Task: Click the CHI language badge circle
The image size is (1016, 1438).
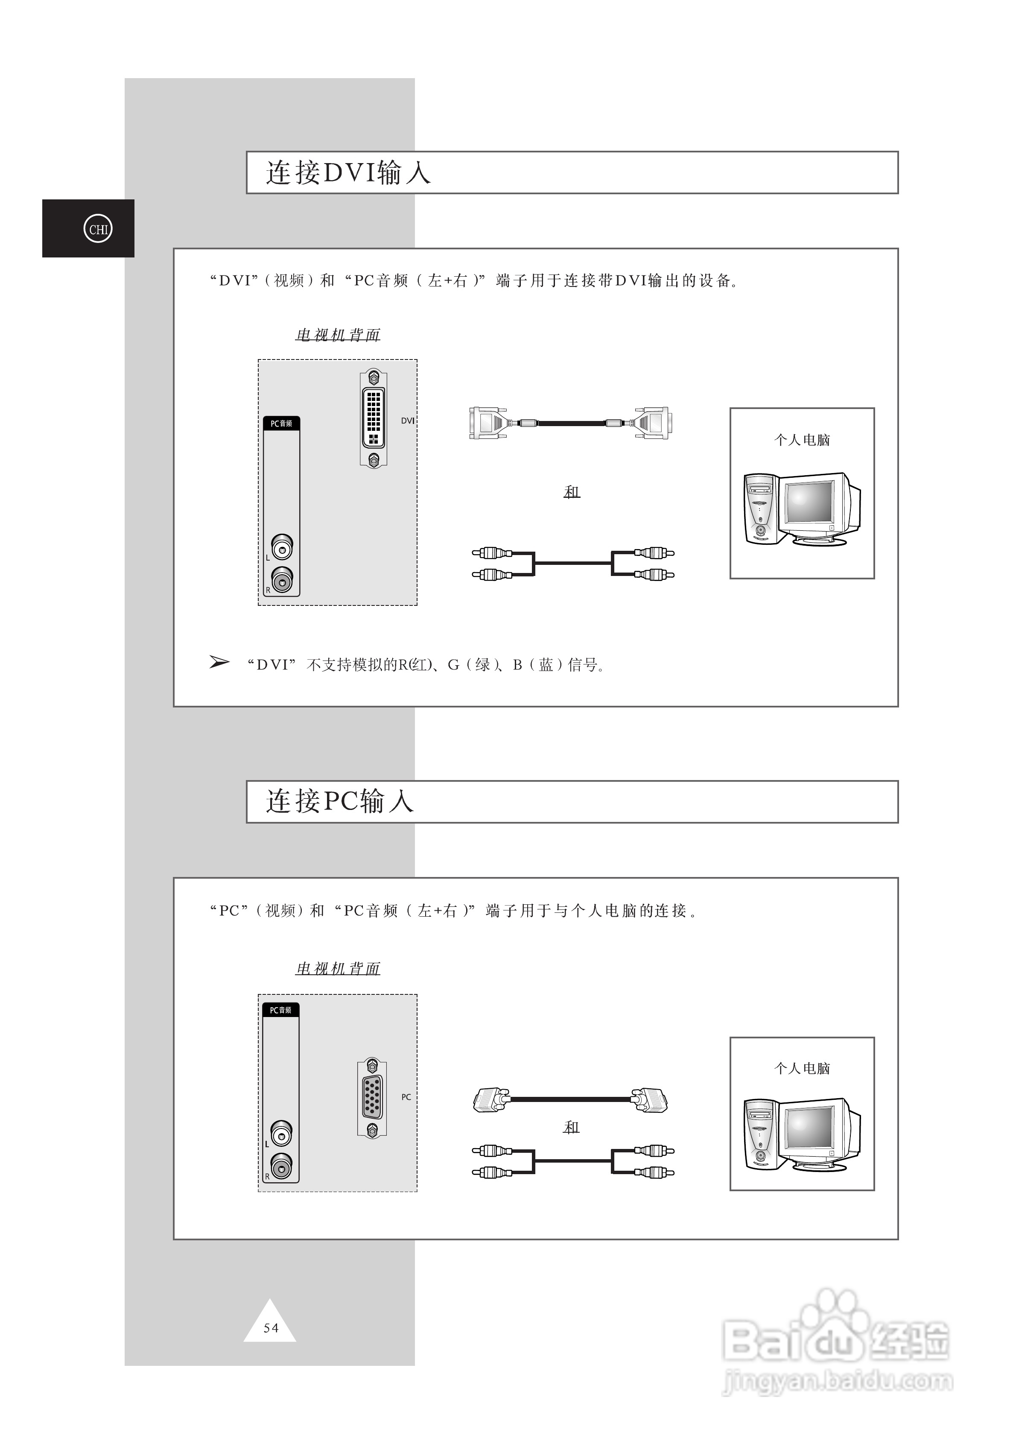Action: (x=98, y=229)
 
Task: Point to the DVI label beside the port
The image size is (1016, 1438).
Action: (x=407, y=421)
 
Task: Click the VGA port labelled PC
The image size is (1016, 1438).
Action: (x=372, y=1097)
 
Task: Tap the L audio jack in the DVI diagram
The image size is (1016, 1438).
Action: (x=282, y=547)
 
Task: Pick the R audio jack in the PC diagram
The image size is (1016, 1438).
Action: (x=281, y=1167)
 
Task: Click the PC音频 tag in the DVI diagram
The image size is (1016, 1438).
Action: (x=281, y=424)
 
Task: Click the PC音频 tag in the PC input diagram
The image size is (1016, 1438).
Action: (x=280, y=1010)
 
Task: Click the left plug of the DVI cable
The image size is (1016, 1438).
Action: (x=488, y=423)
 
